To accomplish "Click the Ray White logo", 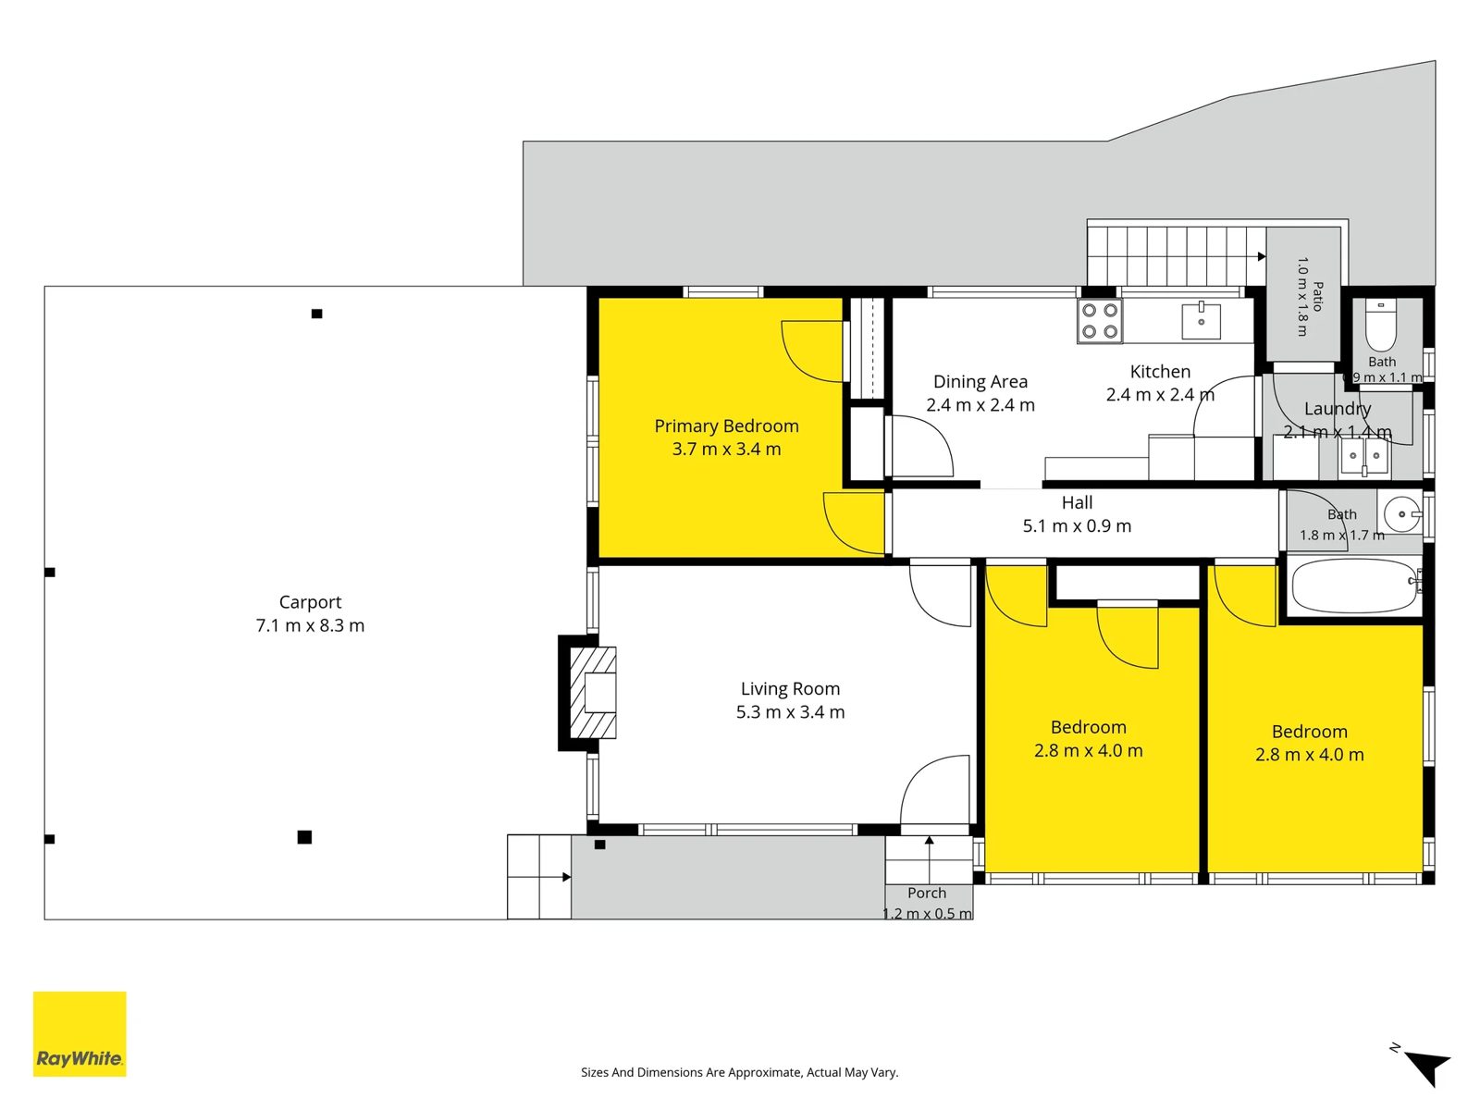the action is (80, 1033).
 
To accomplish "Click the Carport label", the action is (310, 602).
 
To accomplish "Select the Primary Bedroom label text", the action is (726, 425).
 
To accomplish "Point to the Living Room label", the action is (790, 688).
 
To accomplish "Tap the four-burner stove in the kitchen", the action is (1099, 321).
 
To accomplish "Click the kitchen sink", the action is (1201, 321).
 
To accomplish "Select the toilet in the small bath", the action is (1381, 325).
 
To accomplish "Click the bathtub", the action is (1355, 586).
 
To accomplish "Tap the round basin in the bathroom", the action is (1402, 514).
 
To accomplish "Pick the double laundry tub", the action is (1364, 456).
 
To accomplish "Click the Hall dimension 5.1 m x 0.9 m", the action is (1077, 525).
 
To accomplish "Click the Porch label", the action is (927, 893).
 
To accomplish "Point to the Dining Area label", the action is (980, 381).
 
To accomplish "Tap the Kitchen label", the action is (1160, 371).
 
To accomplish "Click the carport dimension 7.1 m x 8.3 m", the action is (310, 625).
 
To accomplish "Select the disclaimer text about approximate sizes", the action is (740, 1072).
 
